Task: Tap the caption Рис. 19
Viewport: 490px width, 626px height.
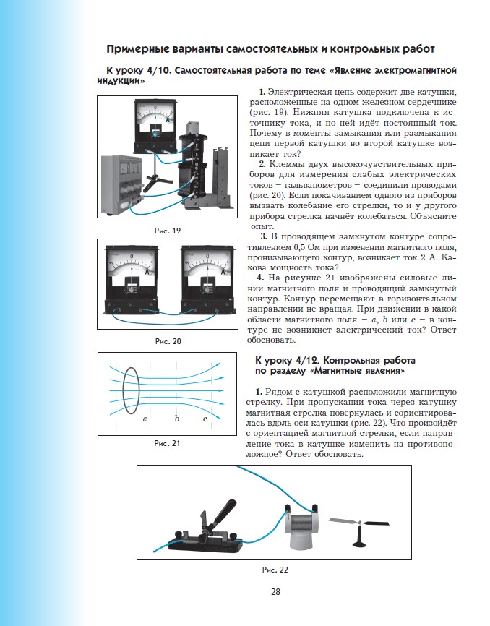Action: click(x=167, y=230)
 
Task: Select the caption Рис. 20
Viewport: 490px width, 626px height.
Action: click(x=167, y=340)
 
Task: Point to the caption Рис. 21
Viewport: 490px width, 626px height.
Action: click(x=167, y=442)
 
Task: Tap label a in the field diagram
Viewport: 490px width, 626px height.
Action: click(x=145, y=419)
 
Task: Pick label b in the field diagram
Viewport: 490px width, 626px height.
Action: click(x=177, y=419)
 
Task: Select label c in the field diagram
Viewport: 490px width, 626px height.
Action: click(x=205, y=419)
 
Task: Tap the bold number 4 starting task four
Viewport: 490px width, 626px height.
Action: click(x=262, y=277)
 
